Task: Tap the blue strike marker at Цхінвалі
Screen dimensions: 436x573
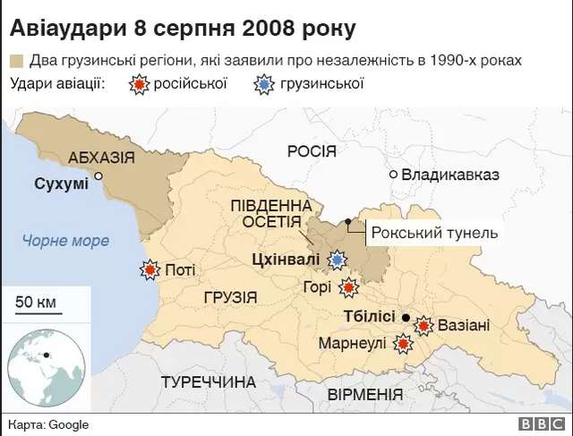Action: (337, 260)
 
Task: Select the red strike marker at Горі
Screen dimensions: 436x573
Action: (348, 287)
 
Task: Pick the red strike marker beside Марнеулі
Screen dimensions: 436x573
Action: (403, 343)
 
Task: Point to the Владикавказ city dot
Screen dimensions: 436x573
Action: (393, 175)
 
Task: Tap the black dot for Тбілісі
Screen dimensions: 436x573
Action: (406, 318)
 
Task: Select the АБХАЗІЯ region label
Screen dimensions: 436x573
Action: (101, 158)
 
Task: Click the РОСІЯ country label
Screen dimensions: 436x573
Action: (311, 150)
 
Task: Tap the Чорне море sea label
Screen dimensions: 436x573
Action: (67, 240)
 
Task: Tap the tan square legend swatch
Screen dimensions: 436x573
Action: (17, 61)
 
